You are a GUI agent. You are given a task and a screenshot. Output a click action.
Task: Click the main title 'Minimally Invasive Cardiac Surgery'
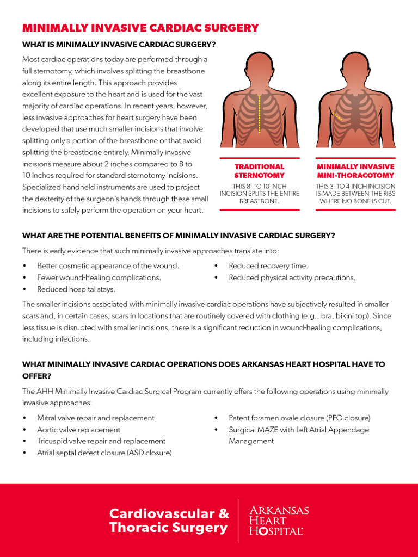click(x=140, y=28)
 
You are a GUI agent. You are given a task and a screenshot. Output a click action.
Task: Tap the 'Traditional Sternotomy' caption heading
click(x=259, y=171)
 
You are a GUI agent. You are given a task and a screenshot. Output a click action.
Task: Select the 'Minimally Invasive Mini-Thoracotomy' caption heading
click(x=355, y=171)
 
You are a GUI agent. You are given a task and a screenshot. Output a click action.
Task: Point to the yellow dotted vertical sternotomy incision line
click(x=260, y=114)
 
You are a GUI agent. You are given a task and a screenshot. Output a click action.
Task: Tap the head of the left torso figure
click(x=260, y=68)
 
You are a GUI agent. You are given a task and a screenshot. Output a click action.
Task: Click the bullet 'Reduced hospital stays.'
click(x=76, y=289)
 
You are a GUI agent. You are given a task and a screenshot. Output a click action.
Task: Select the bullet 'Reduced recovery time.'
click(x=268, y=266)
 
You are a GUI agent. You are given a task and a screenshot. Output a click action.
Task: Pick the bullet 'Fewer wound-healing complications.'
click(x=99, y=277)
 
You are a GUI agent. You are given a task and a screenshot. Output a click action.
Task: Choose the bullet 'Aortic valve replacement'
click(x=78, y=430)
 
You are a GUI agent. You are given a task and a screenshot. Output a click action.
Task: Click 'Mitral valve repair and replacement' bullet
click(x=95, y=418)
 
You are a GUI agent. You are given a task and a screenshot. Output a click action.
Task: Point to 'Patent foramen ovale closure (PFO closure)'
click(x=299, y=418)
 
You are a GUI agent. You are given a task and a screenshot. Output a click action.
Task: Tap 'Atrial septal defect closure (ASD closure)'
click(x=104, y=453)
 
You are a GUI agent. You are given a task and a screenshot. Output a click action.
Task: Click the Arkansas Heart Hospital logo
click(x=279, y=521)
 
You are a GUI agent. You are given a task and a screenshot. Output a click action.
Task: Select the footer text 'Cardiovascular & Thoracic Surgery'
click(x=169, y=521)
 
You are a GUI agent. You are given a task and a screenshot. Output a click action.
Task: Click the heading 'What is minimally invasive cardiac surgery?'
click(x=119, y=44)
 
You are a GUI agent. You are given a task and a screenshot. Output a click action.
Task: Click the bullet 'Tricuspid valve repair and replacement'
click(x=101, y=441)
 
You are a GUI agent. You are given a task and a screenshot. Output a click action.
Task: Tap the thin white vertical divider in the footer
click(x=239, y=521)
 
